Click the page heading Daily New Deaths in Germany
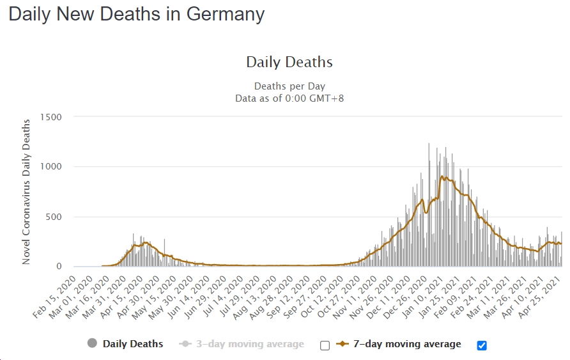click(136, 15)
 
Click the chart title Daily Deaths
click(289, 62)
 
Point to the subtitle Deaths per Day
click(289, 86)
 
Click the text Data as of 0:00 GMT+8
click(289, 98)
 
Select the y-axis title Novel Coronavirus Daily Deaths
click(26, 191)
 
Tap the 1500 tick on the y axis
click(50, 117)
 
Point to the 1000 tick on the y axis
click(50, 167)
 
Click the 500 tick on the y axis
click(54, 217)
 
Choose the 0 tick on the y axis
click(58, 267)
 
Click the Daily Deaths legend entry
click(133, 344)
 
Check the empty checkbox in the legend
click(325, 345)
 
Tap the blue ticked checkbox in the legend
click(482, 345)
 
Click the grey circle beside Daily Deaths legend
click(92, 344)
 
